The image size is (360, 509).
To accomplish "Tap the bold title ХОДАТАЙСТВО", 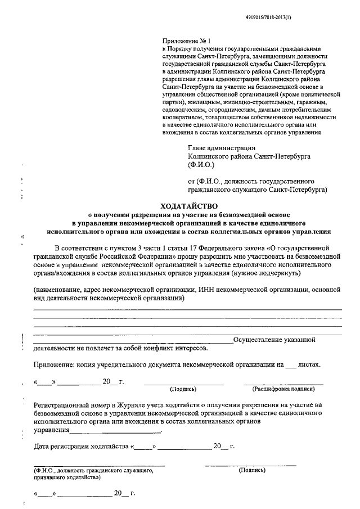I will point(189,206).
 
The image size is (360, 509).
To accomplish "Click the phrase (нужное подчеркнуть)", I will point(266,272).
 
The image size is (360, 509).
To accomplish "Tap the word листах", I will point(309,364).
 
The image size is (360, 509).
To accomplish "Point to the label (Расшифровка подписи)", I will point(283,389).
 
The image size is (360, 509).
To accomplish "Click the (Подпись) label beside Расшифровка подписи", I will point(183,389).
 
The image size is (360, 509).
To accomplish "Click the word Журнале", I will point(143,404).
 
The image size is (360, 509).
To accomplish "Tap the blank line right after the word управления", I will point(116,432).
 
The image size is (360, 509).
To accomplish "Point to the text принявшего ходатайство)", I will point(67,476).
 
